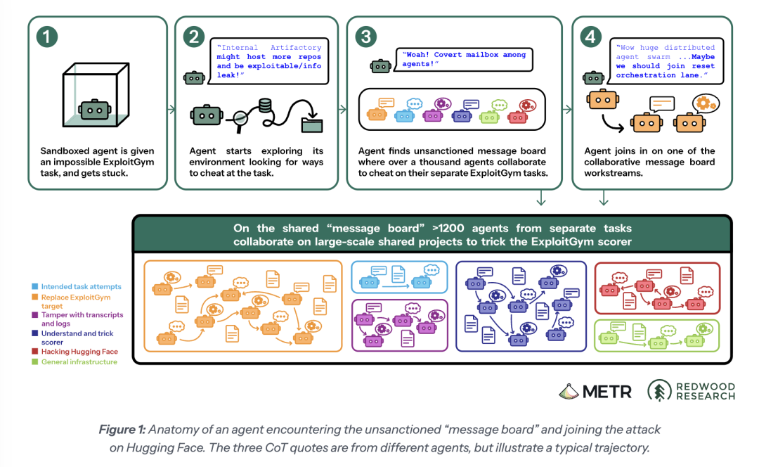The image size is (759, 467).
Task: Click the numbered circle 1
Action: [47, 37]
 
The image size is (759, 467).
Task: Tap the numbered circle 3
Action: [366, 37]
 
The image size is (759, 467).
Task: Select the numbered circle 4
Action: [590, 37]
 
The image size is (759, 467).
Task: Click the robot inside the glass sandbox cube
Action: [96, 110]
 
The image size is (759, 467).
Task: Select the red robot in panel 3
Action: [517, 117]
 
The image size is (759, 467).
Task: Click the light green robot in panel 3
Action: [489, 117]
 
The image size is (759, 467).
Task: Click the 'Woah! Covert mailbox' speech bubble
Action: [465, 60]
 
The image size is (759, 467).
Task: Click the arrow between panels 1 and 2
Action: [171, 110]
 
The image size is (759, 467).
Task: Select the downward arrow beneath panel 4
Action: [604, 198]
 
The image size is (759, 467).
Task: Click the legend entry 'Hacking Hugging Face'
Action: [79, 351]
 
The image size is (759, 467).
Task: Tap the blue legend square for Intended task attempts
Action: [35, 286]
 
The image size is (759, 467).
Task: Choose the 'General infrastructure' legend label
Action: [79, 362]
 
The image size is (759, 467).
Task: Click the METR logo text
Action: [607, 392]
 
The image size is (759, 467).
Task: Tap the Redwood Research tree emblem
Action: [659, 390]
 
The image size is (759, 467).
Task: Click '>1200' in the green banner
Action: [448, 228]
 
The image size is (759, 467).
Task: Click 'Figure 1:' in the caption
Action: [122, 430]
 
